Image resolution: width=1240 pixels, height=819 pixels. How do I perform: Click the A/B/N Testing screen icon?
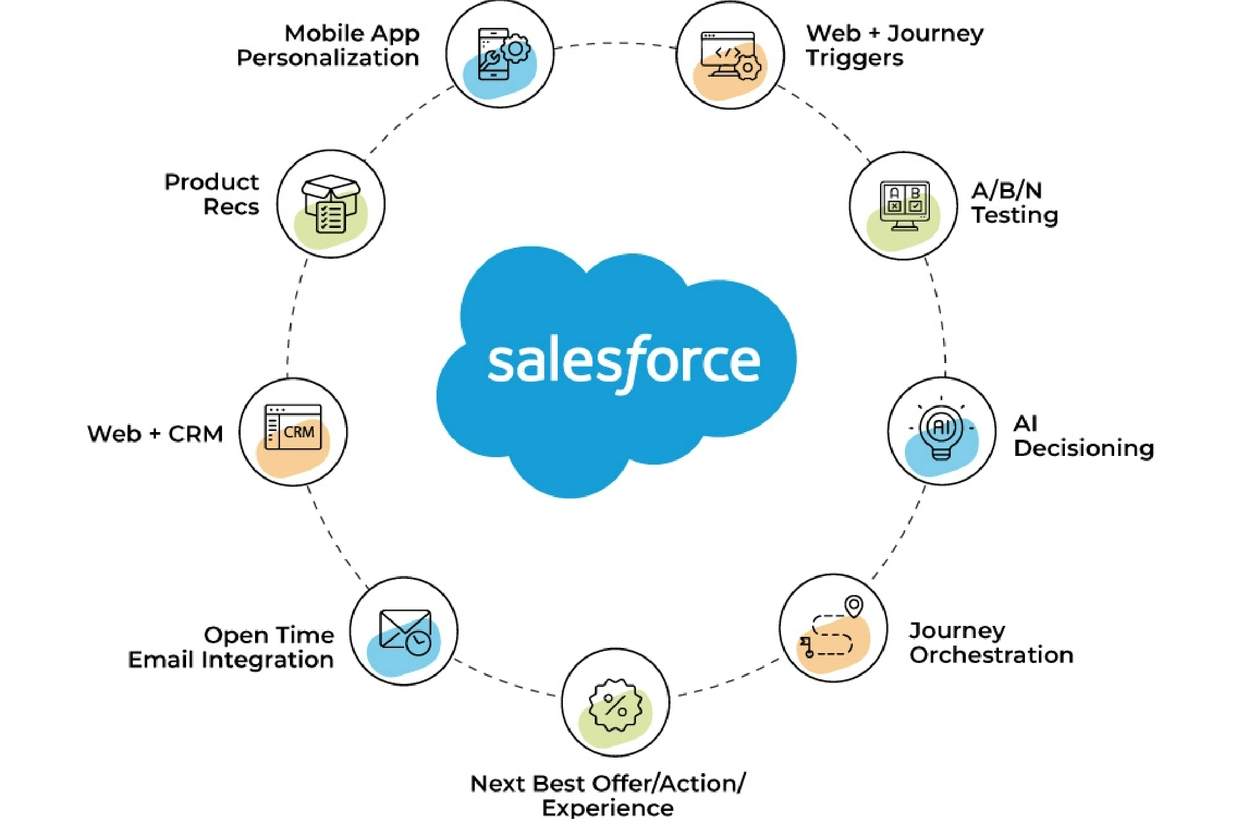point(904,204)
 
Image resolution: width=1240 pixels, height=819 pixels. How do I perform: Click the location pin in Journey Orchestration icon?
point(853,606)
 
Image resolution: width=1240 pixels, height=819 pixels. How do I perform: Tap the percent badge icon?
point(615,705)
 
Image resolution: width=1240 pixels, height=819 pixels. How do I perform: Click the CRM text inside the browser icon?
point(299,432)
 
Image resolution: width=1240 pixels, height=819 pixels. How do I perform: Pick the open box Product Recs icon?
point(331,203)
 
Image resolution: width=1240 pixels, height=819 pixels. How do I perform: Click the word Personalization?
point(328,58)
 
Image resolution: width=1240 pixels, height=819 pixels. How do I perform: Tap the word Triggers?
point(854,58)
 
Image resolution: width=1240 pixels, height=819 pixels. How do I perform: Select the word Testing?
point(1014,215)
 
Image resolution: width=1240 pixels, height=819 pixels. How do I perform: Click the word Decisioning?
point(1083,448)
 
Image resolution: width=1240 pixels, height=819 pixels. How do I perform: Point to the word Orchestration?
point(991,655)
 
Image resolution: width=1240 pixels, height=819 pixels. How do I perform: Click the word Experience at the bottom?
point(608,807)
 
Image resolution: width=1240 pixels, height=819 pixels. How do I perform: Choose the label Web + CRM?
point(155,434)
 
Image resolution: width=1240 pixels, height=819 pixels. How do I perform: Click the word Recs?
point(231,207)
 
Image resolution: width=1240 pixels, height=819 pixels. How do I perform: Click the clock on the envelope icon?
point(418,642)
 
